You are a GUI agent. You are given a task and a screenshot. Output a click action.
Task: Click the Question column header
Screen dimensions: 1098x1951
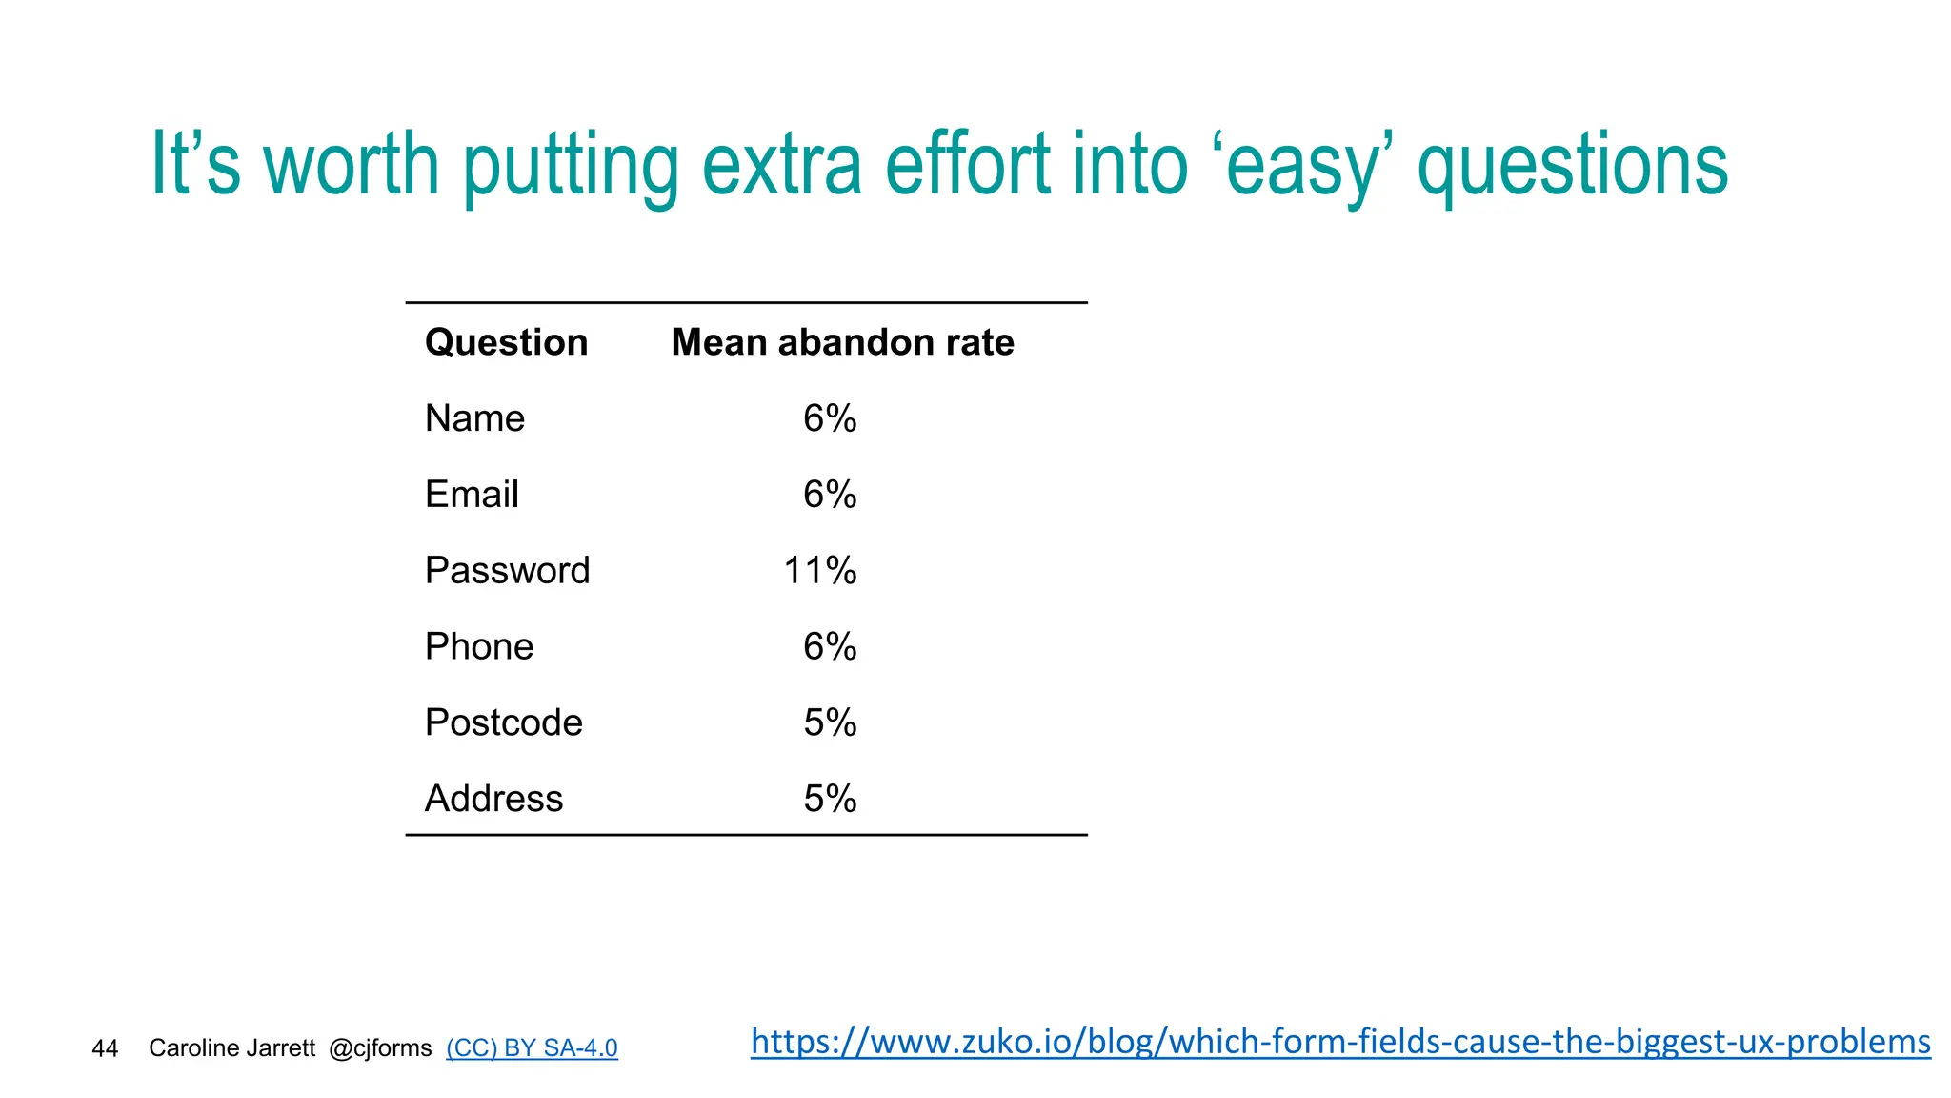click(x=506, y=342)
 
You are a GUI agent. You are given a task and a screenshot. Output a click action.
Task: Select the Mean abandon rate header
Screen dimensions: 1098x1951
click(x=842, y=342)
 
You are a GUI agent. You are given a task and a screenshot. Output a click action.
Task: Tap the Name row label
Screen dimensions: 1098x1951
click(x=474, y=418)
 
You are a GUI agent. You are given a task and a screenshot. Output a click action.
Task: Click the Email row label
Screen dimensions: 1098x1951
click(x=472, y=495)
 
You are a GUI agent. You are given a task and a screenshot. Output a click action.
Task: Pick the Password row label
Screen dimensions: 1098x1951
click(x=507, y=571)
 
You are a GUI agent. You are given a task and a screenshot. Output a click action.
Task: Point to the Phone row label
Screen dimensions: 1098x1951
click(x=478, y=647)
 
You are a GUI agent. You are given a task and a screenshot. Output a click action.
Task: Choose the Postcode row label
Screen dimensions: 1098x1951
click(x=503, y=723)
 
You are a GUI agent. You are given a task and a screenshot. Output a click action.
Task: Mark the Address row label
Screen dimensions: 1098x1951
click(x=493, y=799)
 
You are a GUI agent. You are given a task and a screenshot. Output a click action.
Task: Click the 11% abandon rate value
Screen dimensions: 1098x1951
click(x=819, y=571)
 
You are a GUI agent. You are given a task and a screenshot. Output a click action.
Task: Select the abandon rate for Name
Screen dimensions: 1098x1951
click(x=829, y=418)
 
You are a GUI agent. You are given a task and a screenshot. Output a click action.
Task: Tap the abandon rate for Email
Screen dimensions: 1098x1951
click(x=829, y=495)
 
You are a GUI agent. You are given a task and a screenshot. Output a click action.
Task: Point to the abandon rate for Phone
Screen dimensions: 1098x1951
click(x=829, y=647)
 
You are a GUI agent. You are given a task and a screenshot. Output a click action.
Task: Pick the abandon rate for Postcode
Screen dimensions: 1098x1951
click(x=829, y=723)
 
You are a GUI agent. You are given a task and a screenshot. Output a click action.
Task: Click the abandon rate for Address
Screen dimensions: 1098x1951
click(x=829, y=799)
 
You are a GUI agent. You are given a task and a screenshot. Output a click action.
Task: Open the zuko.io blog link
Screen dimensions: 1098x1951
click(x=1340, y=1042)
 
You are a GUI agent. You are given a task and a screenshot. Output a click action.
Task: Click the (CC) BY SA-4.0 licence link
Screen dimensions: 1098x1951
click(x=532, y=1048)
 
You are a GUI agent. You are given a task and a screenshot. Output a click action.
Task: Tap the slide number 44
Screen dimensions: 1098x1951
click(x=105, y=1048)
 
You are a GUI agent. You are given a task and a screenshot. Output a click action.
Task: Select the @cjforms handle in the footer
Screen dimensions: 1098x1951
click(x=380, y=1048)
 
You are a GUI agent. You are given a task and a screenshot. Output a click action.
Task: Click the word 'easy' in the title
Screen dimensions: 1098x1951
click(x=1301, y=167)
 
